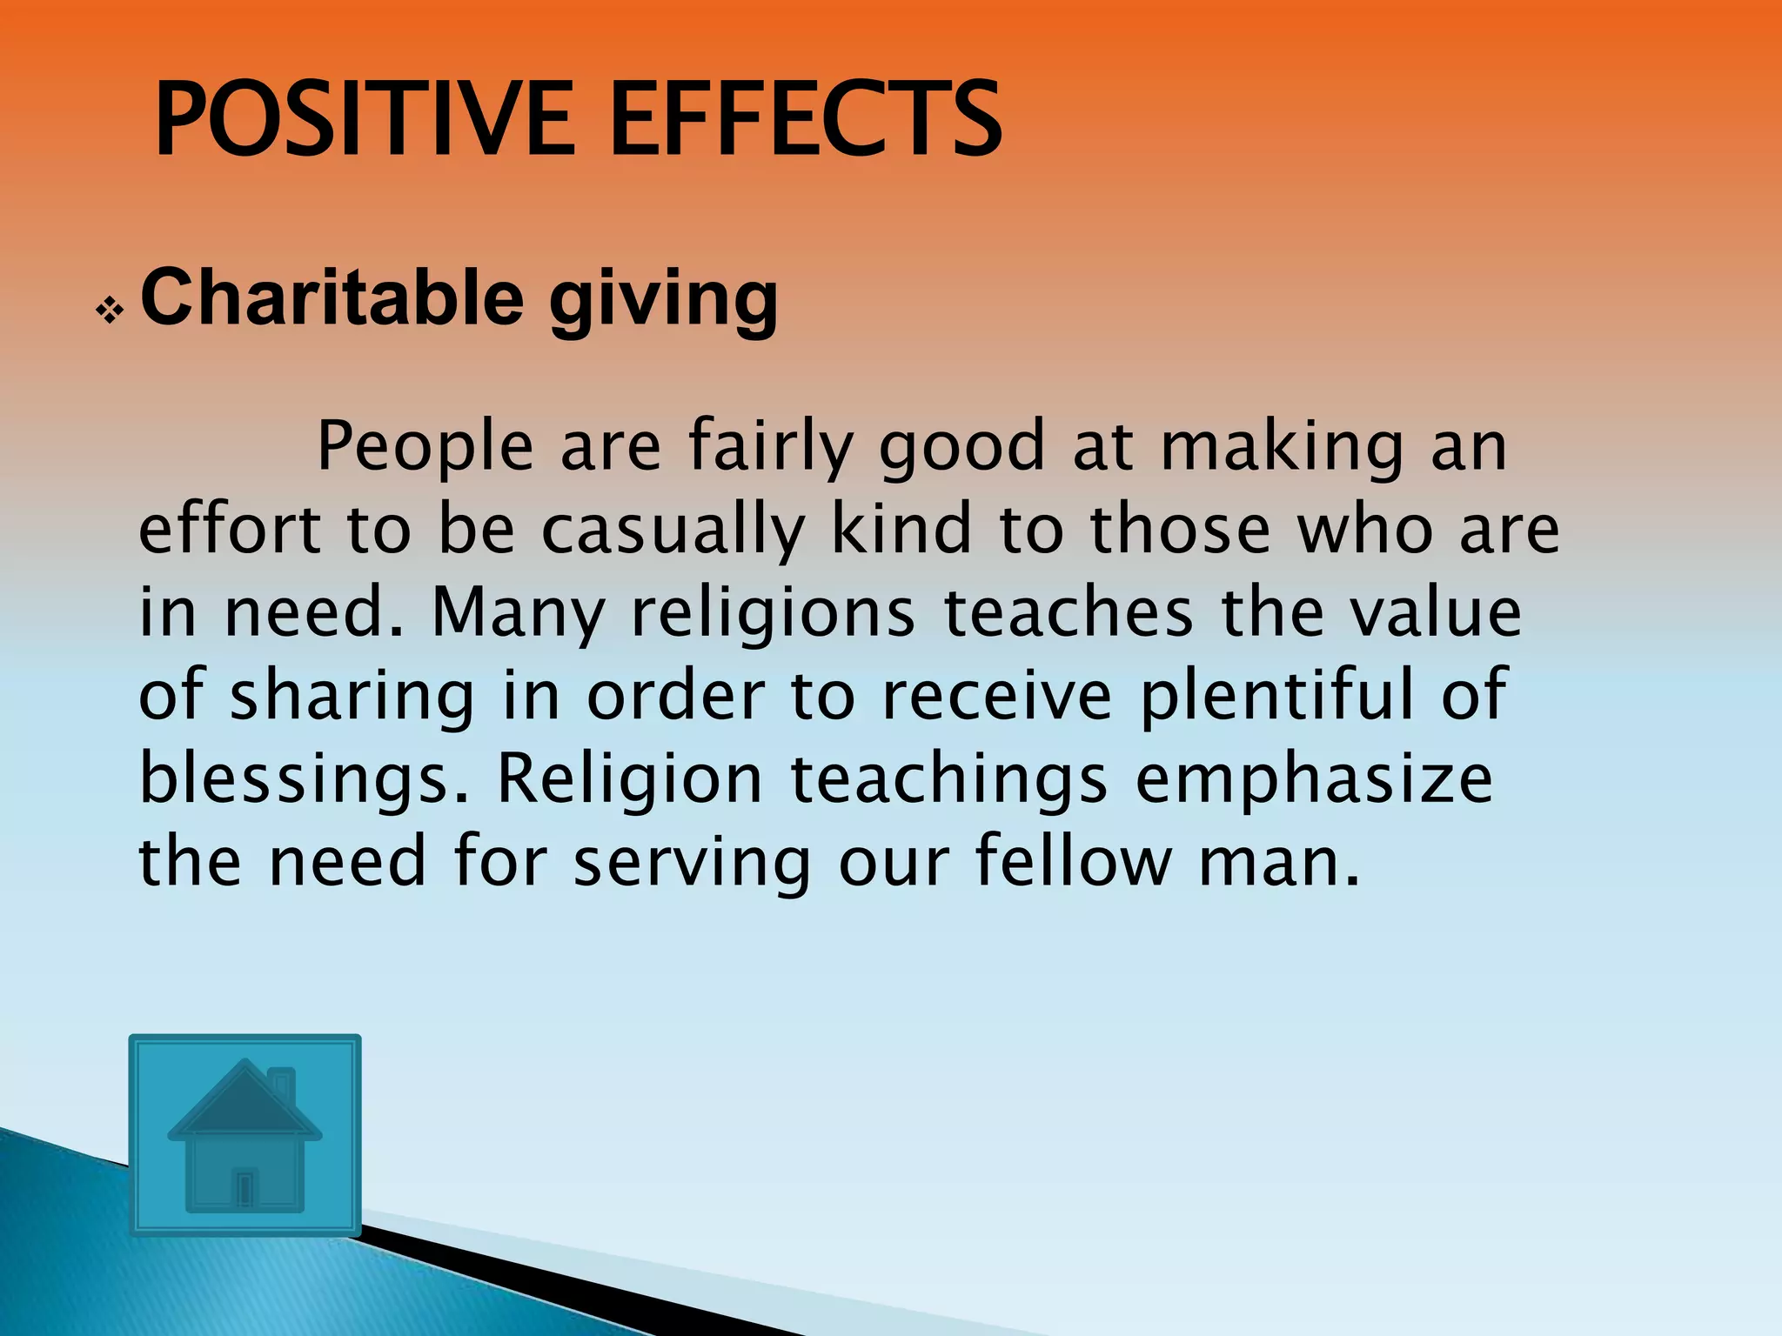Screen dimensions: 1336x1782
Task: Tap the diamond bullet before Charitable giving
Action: click(111, 311)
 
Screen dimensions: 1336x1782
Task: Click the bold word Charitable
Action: click(332, 297)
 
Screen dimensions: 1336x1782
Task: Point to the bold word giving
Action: click(663, 301)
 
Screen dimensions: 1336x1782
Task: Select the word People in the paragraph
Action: click(425, 445)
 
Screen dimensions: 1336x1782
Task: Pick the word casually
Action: click(673, 531)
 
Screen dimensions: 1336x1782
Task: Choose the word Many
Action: click(518, 613)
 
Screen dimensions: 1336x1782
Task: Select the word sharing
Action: click(352, 697)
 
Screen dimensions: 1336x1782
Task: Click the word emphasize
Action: click(1314, 778)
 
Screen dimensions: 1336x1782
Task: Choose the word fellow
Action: click(1073, 861)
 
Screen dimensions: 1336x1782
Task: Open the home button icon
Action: click(245, 1134)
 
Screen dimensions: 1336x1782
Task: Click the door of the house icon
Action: click(245, 1187)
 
